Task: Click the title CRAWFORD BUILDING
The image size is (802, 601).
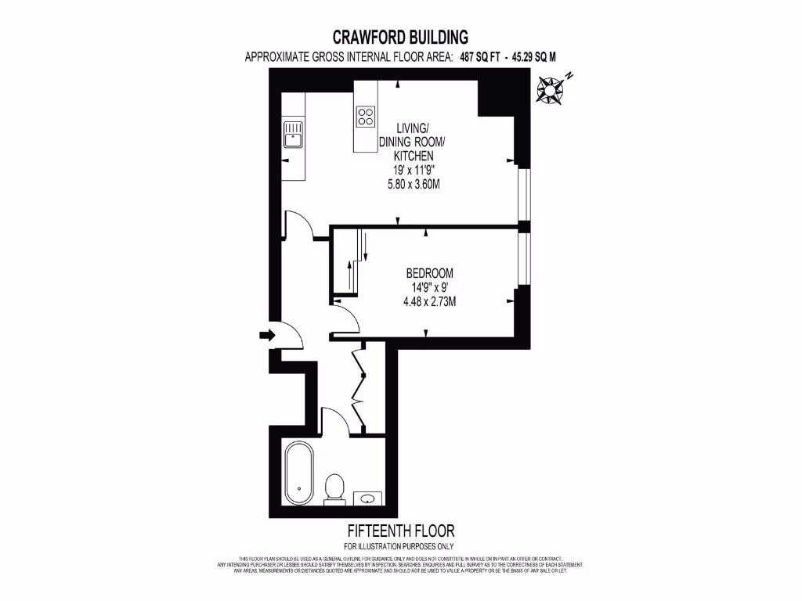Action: click(x=400, y=37)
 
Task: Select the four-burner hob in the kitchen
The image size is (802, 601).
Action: click(x=366, y=117)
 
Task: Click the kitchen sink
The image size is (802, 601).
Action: click(x=293, y=135)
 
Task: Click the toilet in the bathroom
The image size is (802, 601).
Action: click(x=334, y=488)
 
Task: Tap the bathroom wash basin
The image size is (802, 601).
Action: click(x=367, y=496)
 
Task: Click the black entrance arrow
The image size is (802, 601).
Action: click(x=267, y=335)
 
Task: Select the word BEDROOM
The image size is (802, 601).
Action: click(x=429, y=273)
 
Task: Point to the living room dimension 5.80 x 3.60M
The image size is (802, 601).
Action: click(x=413, y=185)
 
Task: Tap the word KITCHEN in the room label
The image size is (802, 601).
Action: click(x=413, y=157)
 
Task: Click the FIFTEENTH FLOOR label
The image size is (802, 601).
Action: click(x=400, y=531)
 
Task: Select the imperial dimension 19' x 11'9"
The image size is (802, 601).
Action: click(x=413, y=171)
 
